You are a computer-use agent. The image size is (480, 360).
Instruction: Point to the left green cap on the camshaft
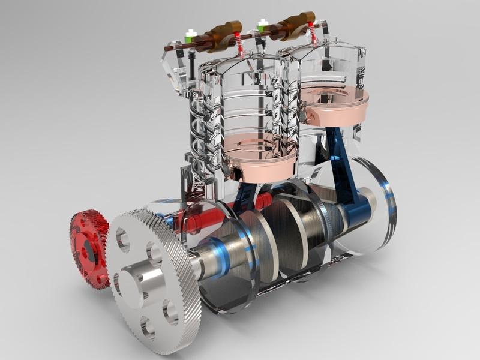click(x=191, y=36)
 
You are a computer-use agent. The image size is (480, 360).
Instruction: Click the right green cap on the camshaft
click(x=262, y=26)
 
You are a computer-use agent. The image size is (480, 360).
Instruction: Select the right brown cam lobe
click(x=293, y=25)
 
